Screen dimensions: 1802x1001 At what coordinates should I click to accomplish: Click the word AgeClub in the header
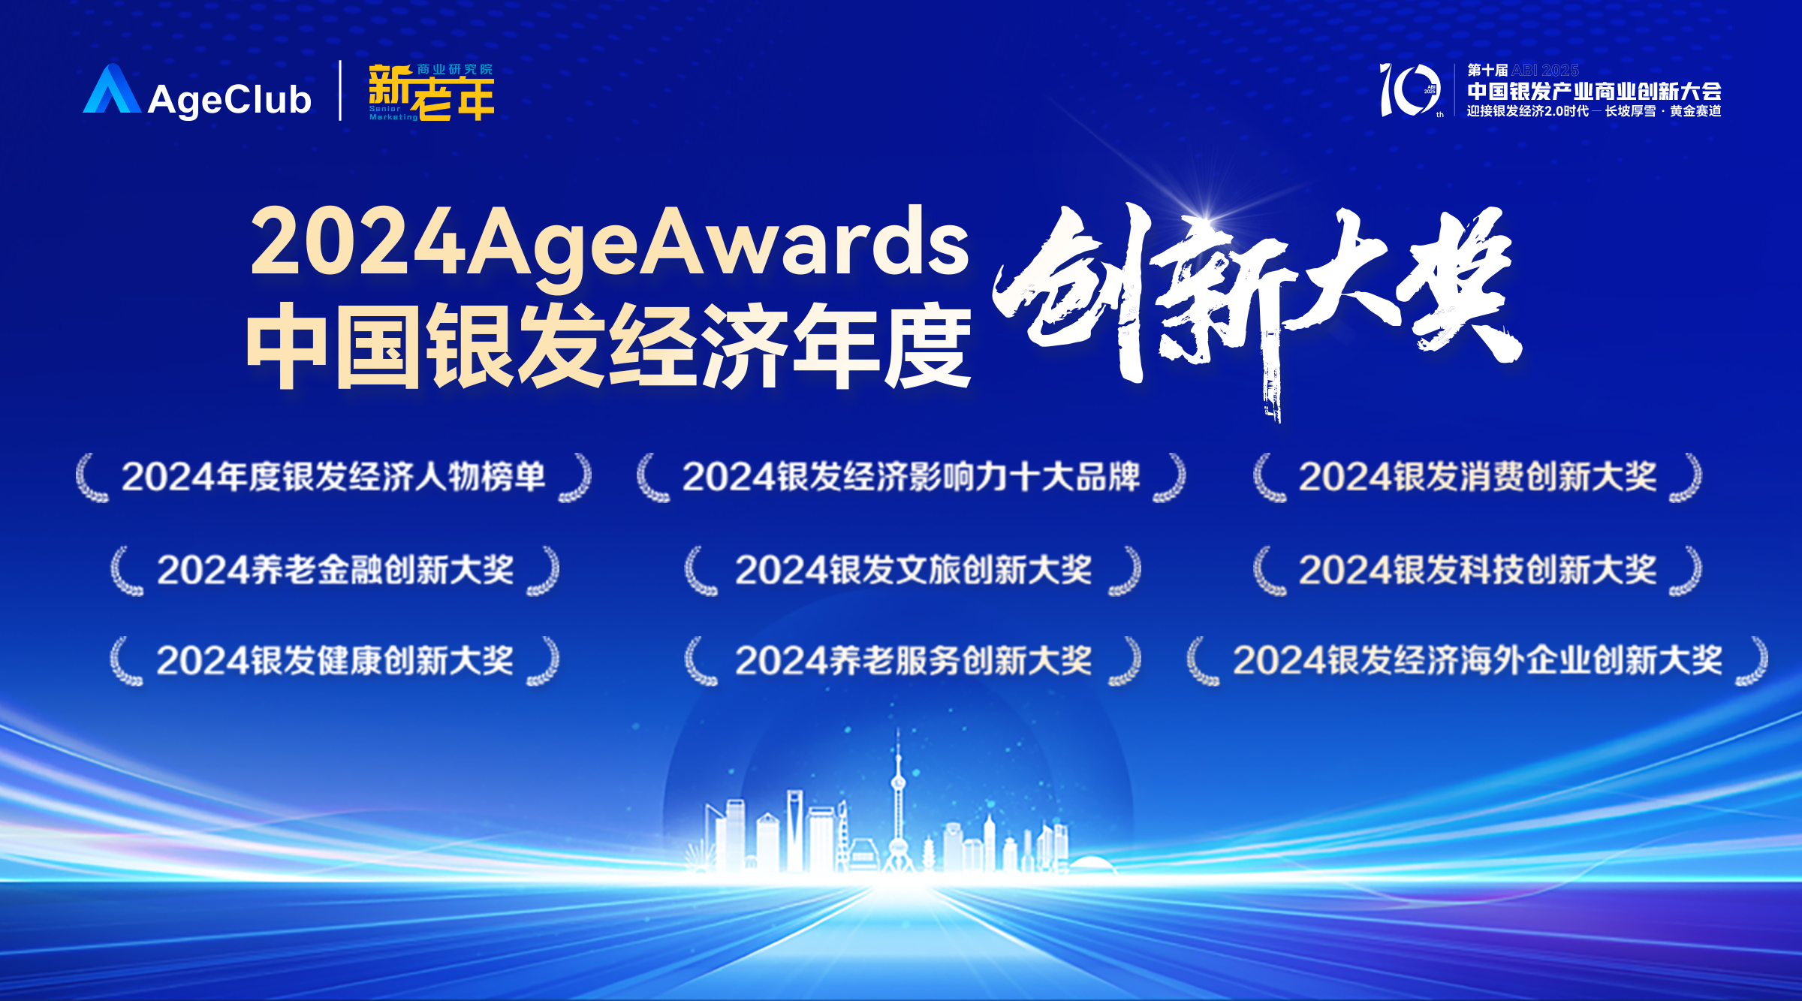pyautogui.click(x=229, y=100)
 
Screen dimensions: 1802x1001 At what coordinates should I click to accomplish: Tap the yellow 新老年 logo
pyautogui.click(x=431, y=92)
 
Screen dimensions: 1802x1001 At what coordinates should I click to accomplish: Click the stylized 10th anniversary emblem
pyautogui.click(x=1409, y=90)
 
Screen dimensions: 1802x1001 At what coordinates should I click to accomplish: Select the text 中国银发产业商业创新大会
pyautogui.click(x=1594, y=91)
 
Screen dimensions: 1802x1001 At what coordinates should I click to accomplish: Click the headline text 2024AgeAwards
pyautogui.click(x=610, y=242)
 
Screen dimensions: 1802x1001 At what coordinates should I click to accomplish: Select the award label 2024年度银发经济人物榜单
pyautogui.click(x=333, y=477)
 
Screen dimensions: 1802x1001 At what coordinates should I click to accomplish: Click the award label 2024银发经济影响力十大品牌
pyautogui.click(x=911, y=477)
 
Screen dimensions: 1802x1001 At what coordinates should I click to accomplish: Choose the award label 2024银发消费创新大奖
pyautogui.click(x=1478, y=477)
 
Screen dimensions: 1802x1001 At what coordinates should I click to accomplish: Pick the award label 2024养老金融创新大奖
pyautogui.click(x=335, y=570)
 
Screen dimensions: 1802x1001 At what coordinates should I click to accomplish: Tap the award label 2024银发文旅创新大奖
pyautogui.click(x=913, y=570)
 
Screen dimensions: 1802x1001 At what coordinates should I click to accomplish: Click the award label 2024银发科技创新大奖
pyautogui.click(x=1478, y=570)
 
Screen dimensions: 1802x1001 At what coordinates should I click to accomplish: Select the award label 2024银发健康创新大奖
pyautogui.click(x=335, y=661)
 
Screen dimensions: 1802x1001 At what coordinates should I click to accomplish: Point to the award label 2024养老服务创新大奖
pyautogui.click(x=913, y=661)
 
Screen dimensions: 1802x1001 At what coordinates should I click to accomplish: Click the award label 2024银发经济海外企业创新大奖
pyautogui.click(x=1478, y=661)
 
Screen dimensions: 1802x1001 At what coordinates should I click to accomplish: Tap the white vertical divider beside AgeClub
pyautogui.click(x=340, y=91)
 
